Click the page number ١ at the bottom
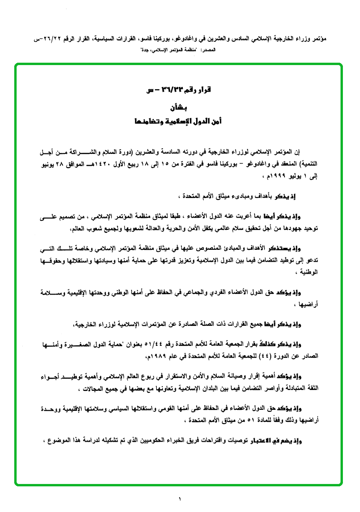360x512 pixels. coord(180,499)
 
